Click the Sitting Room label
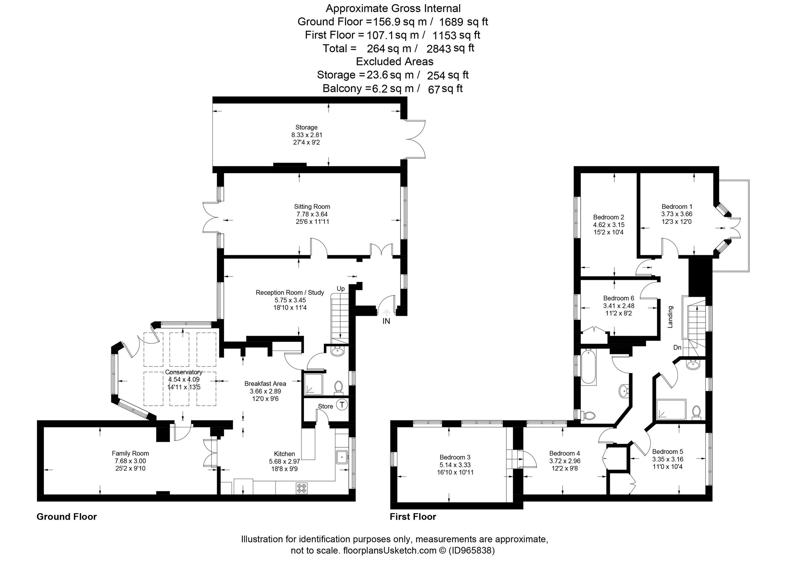point(312,207)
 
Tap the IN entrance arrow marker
point(387,312)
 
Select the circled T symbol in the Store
point(342,404)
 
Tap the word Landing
point(670,317)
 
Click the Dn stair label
point(677,347)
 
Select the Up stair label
point(341,289)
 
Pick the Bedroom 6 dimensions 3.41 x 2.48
point(619,306)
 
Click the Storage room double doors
point(416,139)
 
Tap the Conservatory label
point(183,372)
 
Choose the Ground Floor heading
point(66,517)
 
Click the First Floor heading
point(413,517)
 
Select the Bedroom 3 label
point(455,457)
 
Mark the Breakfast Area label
point(265,384)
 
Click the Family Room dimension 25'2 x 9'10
point(130,469)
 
